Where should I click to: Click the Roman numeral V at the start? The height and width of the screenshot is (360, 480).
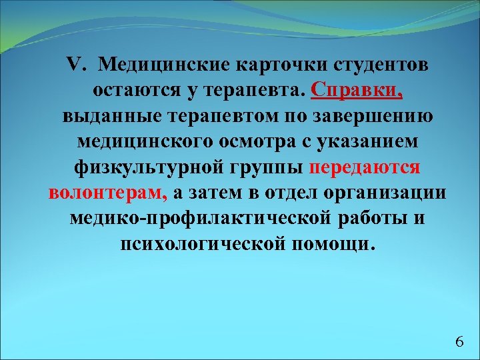pos(74,65)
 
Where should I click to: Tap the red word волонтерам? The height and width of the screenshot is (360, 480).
pos(108,192)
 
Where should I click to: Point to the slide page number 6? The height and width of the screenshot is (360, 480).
pos(459,342)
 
